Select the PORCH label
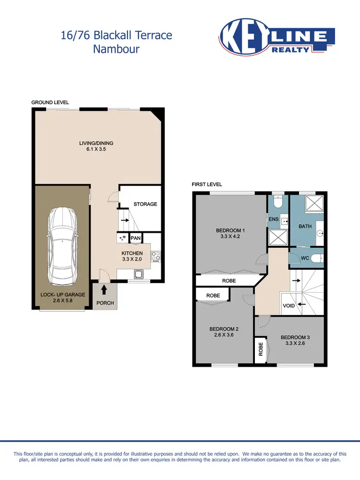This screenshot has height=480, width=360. (x=105, y=303)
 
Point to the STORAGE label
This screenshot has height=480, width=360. (x=145, y=204)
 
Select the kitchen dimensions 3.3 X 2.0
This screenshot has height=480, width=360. (x=132, y=259)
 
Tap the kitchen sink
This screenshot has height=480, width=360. (x=138, y=275)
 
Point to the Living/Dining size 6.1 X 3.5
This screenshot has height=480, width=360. (x=96, y=149)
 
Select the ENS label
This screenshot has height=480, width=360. (x=274, y=219)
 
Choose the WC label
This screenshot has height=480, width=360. (x=304, y=258)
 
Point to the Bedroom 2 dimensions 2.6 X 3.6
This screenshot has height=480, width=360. (x=224, y=336)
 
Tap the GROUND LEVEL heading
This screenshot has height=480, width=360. (x=50, y=102)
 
